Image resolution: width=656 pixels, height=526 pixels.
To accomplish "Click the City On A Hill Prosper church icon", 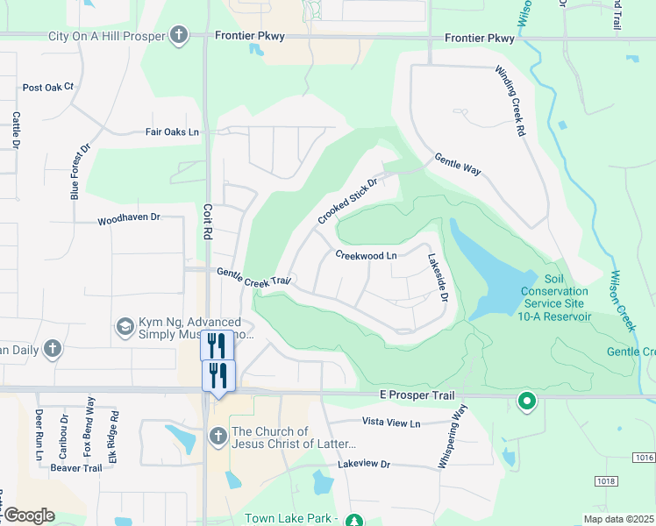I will (x=179, y=36).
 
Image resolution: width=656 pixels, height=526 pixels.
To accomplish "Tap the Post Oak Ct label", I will (x=48, y=88).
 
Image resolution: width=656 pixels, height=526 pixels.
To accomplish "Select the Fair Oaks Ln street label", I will (x=173, y=132).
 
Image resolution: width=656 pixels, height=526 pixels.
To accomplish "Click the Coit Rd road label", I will (x=208, y=223).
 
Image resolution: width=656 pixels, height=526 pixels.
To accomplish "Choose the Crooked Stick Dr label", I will (x=347, y=202).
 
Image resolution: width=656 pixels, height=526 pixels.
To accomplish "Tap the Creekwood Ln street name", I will (x=367, y=255).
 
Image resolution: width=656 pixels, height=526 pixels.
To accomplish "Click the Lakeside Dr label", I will (x=438, y=279).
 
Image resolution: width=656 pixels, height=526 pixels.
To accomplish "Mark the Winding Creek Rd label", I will (x=510, y=101).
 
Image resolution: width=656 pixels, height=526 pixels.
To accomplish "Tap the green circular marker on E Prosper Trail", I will (x=526, y=402).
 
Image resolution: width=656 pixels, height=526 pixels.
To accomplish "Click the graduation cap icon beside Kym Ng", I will (x=125, y=329).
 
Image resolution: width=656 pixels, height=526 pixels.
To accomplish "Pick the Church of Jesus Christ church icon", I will (x=218, y=436).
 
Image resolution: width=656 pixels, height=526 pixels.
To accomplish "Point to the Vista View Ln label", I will (x=391, y=423).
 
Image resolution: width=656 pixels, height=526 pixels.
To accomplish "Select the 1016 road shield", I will (x=644, y=458).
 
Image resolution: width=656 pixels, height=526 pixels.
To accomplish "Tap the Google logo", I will (x=28, y=515).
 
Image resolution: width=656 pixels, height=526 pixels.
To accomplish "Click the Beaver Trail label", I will (x=76, y=468).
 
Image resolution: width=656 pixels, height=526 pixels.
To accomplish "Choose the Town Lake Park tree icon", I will (x=353, y=520).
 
